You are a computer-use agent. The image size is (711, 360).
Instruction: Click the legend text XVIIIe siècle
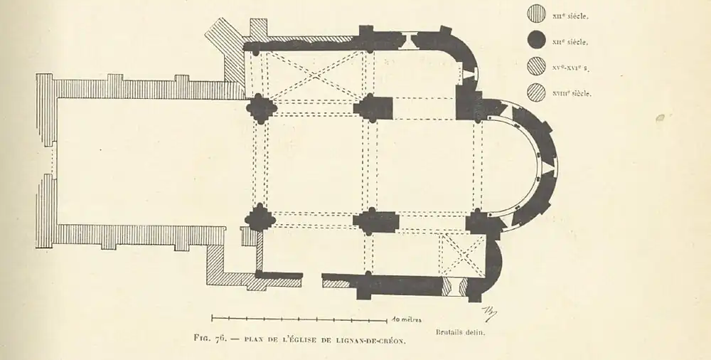pos(572,93)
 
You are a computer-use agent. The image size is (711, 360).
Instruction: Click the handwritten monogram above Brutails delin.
pos(489,311)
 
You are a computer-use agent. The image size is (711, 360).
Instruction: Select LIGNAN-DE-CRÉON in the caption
pos(372,341)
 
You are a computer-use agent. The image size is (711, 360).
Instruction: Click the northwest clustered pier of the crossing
pos(261,107)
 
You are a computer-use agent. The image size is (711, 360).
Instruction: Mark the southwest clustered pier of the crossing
pos(261,218)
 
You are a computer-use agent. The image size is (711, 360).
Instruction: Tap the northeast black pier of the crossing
pos(373,107)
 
